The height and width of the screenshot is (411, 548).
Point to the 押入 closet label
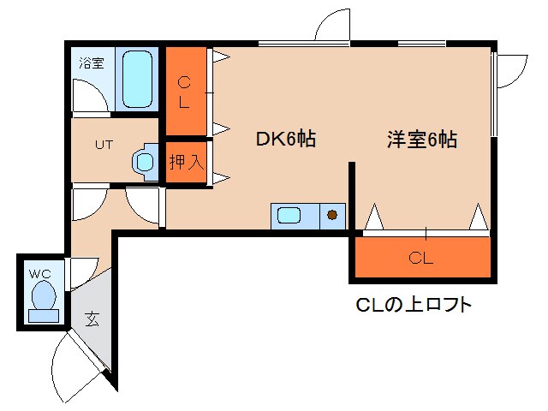click(186, 161)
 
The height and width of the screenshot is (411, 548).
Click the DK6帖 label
click(286, 139)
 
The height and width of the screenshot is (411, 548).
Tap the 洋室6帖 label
click(420, 139)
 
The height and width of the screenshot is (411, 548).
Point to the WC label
click(40, 273)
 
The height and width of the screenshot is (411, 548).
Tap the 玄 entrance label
click(92, 319)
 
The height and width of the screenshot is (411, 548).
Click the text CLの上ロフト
click(413, 304)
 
